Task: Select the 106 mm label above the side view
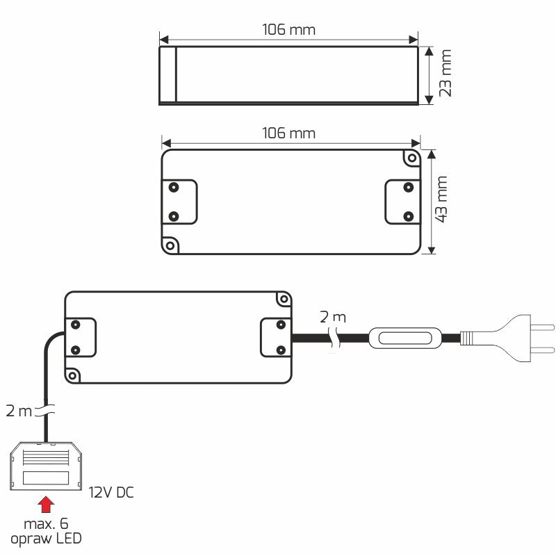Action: click(288, 30)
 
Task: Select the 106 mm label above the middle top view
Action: click(288, 133)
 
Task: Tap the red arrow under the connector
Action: click(45, 503)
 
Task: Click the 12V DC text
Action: click(111, 493)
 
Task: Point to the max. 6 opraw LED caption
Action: click(45, 530)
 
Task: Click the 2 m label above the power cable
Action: click(332, 317)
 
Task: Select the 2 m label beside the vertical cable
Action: click(17, 411)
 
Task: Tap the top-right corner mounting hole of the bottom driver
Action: click(283, 298)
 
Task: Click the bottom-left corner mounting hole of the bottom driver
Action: click(72, 376)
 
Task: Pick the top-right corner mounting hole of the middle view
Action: click(410, 158)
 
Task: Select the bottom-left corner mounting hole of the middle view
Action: click(169, 245)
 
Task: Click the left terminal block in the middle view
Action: click(179, 202)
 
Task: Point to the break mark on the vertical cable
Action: click(46, 411)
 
